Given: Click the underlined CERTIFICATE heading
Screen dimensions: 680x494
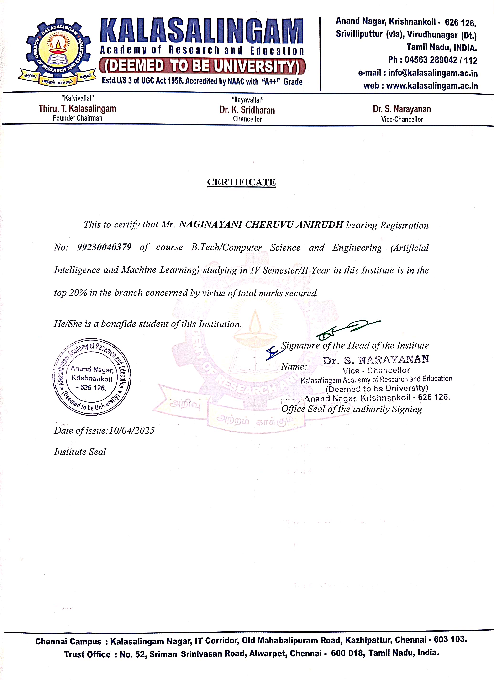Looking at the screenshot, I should (241, 182).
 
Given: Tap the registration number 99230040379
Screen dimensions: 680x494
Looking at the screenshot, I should (104, 247).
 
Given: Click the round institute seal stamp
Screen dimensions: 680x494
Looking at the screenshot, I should (92, 377).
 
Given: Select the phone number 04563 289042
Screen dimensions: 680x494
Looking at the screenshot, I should (431, 60).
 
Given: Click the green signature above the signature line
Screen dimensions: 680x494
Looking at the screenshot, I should (348, 329).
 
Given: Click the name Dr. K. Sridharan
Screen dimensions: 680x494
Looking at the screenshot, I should (247, 110).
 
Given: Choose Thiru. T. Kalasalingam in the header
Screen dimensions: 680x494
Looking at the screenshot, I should (77, 109).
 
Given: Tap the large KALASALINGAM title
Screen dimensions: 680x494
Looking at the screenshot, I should (202, 31).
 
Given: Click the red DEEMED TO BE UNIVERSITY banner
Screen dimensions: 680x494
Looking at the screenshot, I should (202, 66).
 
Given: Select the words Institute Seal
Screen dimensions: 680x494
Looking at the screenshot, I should (80, 452).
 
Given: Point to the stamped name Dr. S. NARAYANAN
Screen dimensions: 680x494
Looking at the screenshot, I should (376, 359).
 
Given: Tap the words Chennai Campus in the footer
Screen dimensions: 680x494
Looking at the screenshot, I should (68, 641).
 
